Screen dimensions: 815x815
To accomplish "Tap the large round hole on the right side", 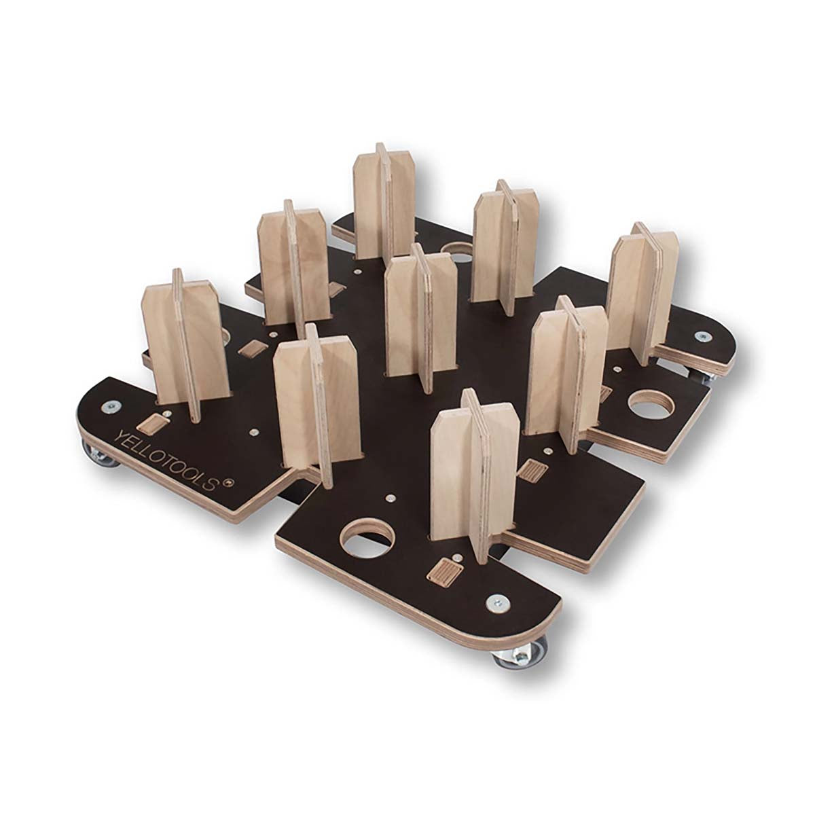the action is point(652,404).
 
